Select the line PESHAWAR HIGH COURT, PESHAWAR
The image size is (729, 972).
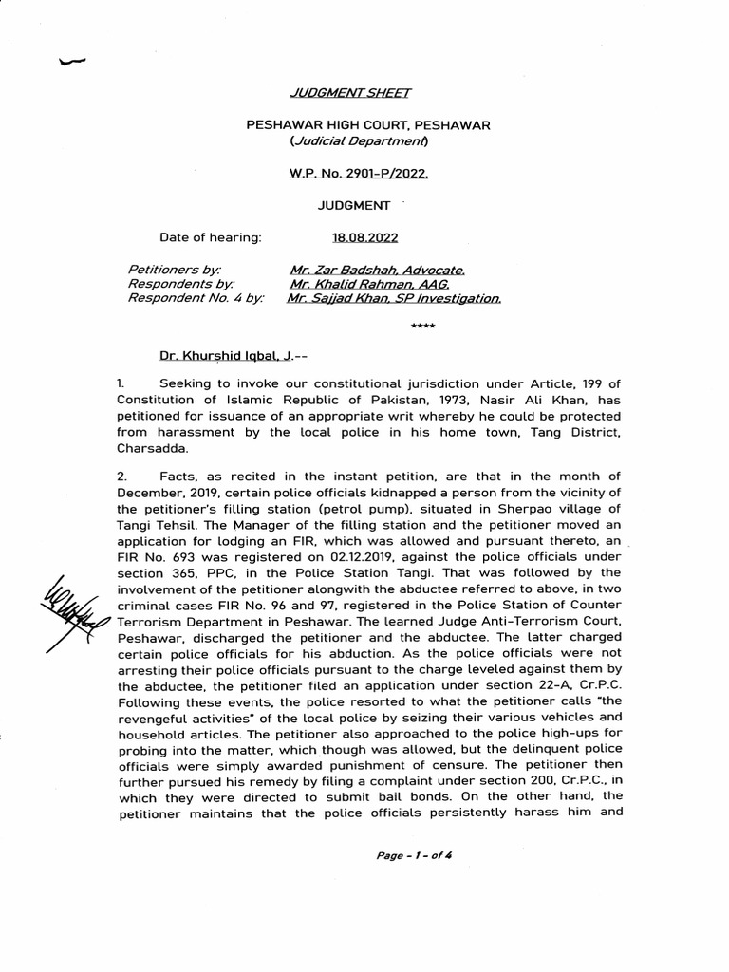(x=368, y=125)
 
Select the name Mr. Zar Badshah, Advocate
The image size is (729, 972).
(x=377, y=270)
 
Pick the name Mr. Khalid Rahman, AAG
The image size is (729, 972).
(x=369, y=284)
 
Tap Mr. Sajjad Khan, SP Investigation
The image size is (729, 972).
(x=395, y=298)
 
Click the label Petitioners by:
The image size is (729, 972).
(x=174, y=270)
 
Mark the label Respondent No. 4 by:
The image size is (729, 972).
(x=196, y=298)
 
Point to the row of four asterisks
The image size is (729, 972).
(x=422, y=327)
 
